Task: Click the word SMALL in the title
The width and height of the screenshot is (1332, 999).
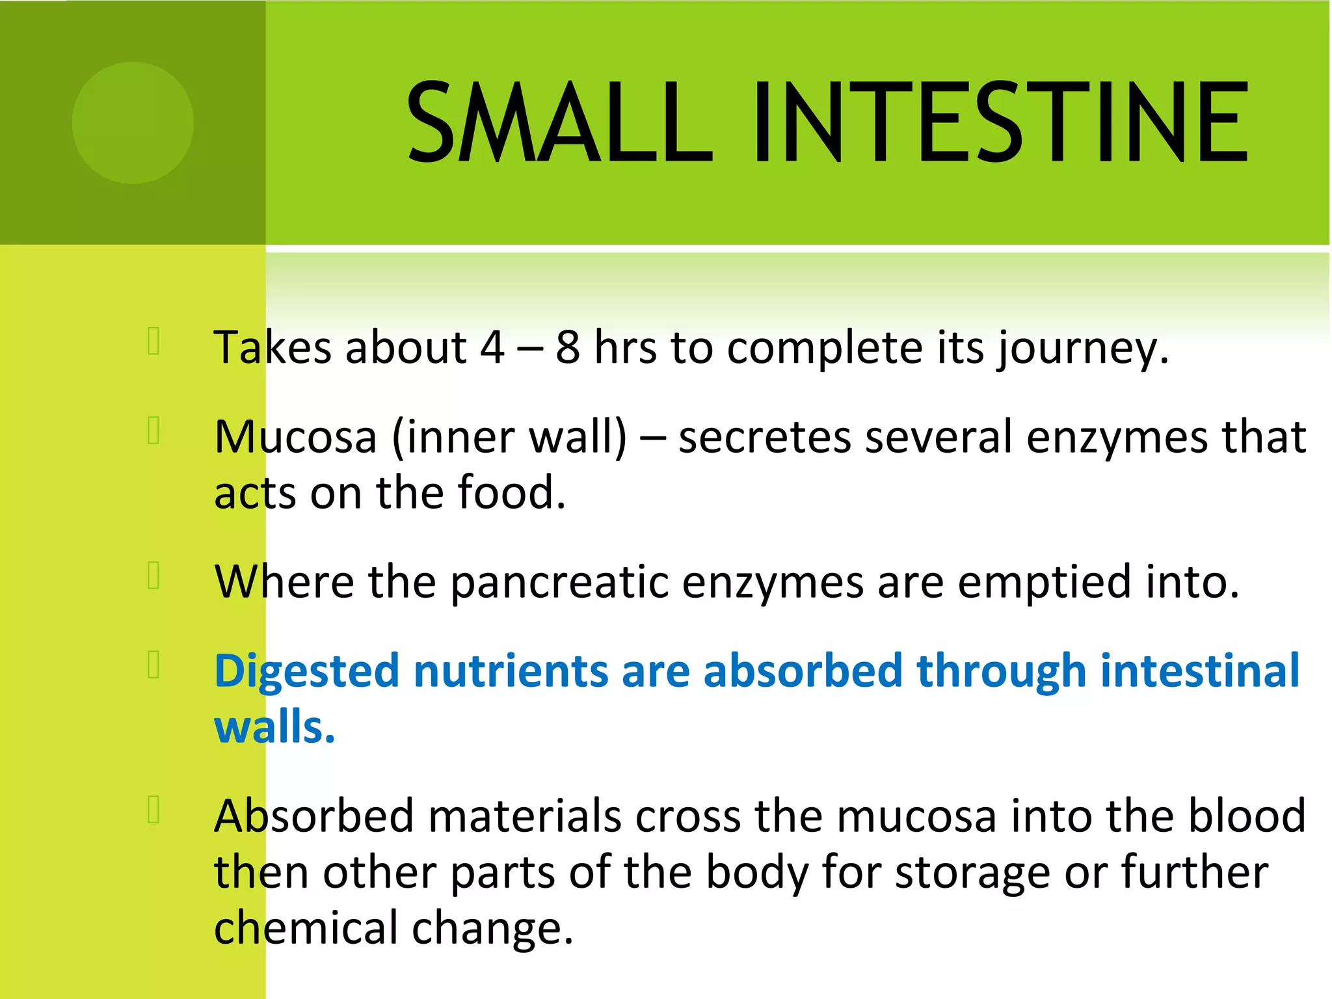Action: [559, 122]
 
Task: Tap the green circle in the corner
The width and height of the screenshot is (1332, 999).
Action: [133, 122]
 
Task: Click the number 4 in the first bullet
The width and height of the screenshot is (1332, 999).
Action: [492, 348]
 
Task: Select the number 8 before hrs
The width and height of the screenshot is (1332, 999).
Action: [567, 348]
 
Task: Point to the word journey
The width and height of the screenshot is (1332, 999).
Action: [1083, 350]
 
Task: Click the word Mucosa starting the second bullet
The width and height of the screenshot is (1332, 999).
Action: [296, 437]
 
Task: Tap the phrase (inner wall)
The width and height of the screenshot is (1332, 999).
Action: [509, 437]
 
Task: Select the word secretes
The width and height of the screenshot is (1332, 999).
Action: [764, 437]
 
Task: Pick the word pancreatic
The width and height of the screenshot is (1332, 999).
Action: [559, 582]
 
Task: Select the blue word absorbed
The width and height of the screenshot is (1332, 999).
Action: [803, 671]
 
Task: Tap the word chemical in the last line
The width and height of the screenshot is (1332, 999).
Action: [306, 928]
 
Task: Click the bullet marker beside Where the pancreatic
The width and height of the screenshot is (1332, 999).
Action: [154, 575]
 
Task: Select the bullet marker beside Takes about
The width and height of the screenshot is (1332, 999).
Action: [154, 341]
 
